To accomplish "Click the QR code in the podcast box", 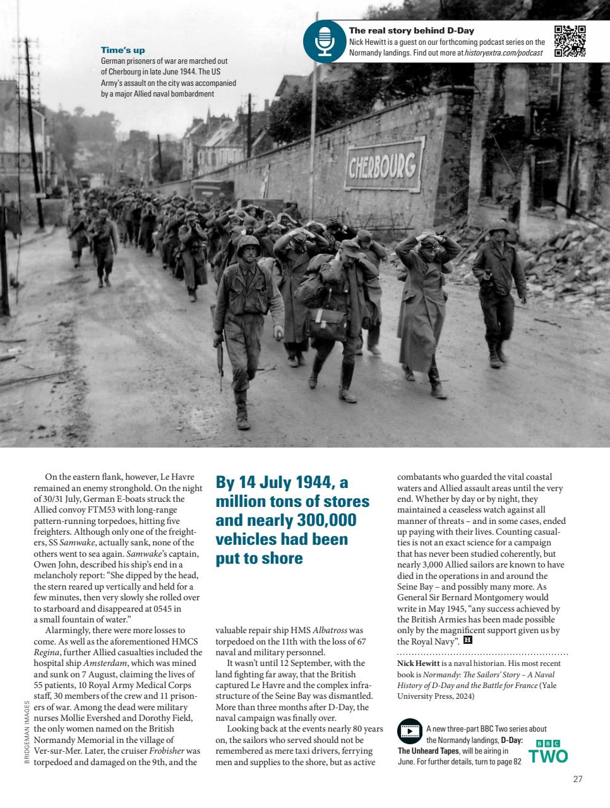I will click(570, 41).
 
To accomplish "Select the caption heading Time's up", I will click(123, 50).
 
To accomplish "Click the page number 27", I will click(577, 779).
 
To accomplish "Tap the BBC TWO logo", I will click(548, 751).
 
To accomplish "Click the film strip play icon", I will click(410, 731).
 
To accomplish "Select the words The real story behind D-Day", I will click(411, 30).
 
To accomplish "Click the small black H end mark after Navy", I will click(468, 641).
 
